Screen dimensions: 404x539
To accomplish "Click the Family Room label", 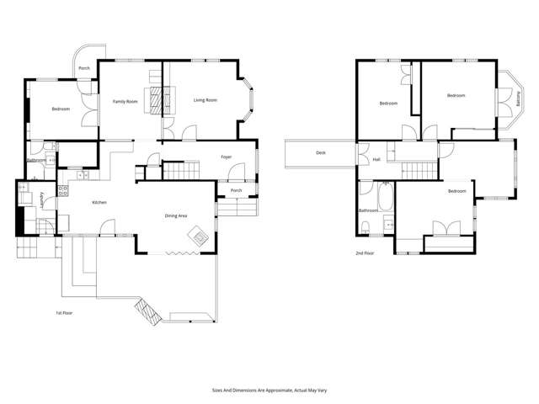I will pyautogui.click(x=125, y=101).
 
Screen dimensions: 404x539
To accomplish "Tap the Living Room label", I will pyautogui.click(x=205, y=100).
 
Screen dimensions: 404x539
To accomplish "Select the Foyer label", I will pyautogui.click(x=227, y=157).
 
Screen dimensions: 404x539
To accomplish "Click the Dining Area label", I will pyautogui.click(x=176, y=216).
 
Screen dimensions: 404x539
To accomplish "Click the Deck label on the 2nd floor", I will pyautogui.click(x=320, y=152).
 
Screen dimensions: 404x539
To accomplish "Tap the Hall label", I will pyautogui.click(x=376, y=158).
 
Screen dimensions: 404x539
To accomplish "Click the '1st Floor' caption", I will pyautogui.click(x=64, y=313).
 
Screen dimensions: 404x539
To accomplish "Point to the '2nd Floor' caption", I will pyautogui.click(x=365, y=252).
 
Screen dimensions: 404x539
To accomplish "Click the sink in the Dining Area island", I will pyautogui.click(x=200, y=237).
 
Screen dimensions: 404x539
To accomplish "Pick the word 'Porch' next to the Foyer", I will pyautogui.click(x=237, y=190).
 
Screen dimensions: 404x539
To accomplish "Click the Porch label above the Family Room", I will pyautogui.click(x=84, y=68).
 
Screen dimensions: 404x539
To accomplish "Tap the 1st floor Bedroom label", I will pyautogui.click(x=61, y=109).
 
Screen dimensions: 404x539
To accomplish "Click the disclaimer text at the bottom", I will pyautogui.click(x=269, y=391).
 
